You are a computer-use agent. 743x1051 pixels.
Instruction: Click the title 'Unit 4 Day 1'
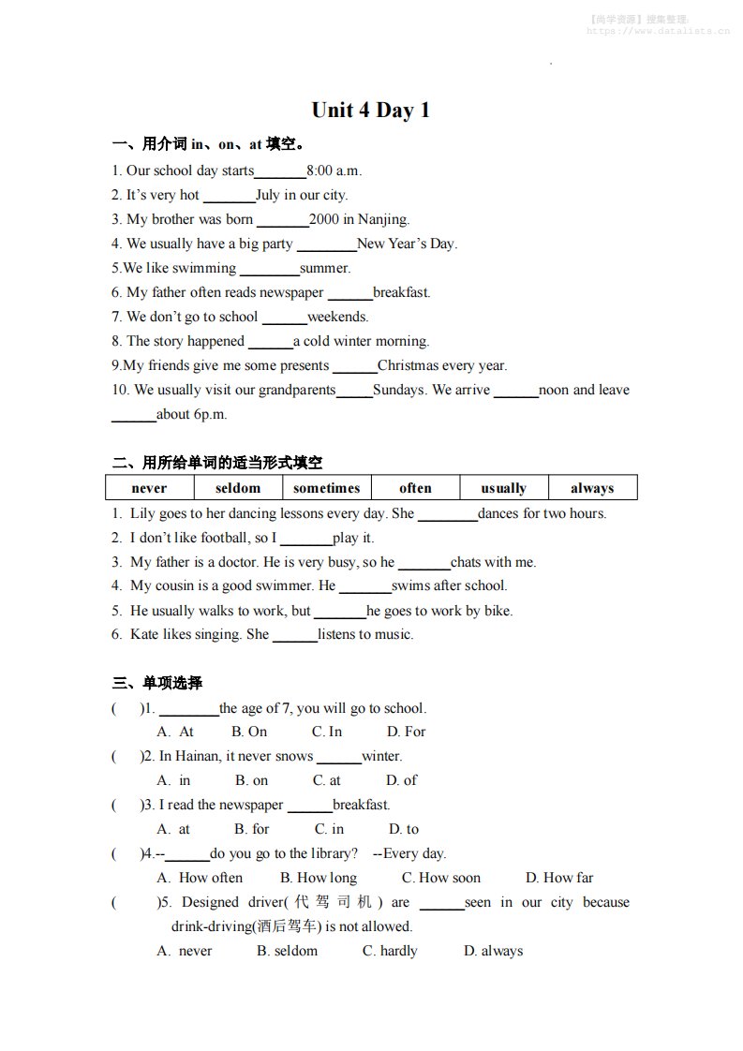370,111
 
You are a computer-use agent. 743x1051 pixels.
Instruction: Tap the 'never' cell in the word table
149,488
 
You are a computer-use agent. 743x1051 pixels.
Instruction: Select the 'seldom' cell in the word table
238,488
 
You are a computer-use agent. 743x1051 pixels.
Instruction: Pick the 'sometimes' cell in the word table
326,488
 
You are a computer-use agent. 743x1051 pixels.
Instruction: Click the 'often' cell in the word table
415,488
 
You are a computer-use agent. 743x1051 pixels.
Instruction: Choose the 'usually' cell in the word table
503,488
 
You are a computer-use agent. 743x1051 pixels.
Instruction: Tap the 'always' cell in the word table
592,488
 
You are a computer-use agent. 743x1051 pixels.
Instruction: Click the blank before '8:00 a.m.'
280,172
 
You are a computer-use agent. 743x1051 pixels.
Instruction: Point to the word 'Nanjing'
384,219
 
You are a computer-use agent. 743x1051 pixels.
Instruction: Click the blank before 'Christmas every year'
355,367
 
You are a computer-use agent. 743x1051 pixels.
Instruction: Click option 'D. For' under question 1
406,732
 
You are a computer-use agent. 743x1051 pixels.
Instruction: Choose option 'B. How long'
319,878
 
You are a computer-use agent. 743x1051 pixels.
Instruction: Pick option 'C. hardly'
390,951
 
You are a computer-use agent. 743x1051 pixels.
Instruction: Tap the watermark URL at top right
658,31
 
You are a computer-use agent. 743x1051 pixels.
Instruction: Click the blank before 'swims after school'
364,587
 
